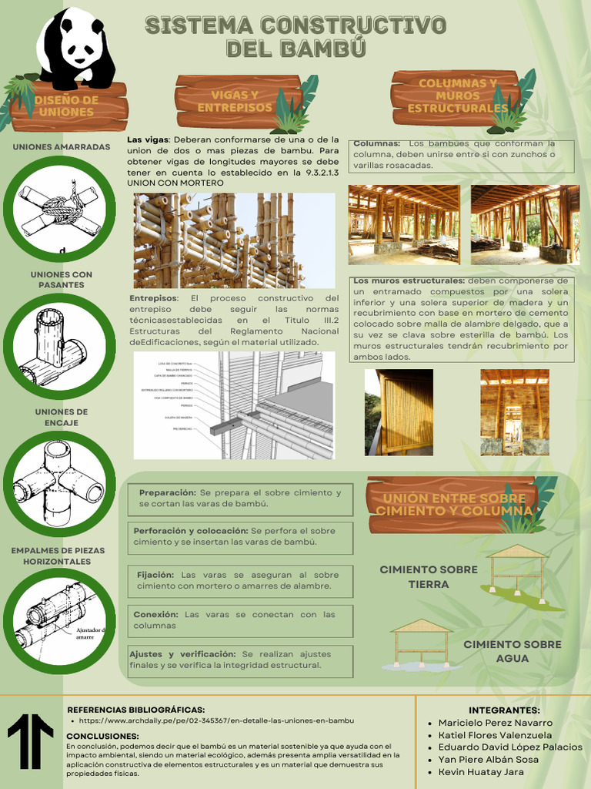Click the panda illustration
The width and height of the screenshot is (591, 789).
(x=76, y=48)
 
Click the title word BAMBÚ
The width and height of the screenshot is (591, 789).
(x=295, y=49)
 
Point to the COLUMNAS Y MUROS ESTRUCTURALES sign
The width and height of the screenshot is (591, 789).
(x=457, y=96)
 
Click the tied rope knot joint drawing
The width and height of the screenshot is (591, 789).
(x=59, y=209)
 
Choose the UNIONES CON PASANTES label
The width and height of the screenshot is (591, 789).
(x=61, y=280)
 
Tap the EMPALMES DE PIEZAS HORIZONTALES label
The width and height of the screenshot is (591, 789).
(x=58, y=556)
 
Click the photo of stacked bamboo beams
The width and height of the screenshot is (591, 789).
(x=234, y=240)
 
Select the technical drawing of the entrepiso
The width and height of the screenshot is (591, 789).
(x=234, y=405)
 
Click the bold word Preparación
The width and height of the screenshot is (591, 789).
(x=167, y=492)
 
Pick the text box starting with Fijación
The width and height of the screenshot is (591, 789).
(x=240, y=580)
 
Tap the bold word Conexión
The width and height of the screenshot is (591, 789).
(x=155, y=614)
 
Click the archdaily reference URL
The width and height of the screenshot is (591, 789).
(x=216, y=720)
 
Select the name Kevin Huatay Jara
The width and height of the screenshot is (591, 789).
(x=481, y=771)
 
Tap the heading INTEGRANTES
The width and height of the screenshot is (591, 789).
(x=504, y=710)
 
